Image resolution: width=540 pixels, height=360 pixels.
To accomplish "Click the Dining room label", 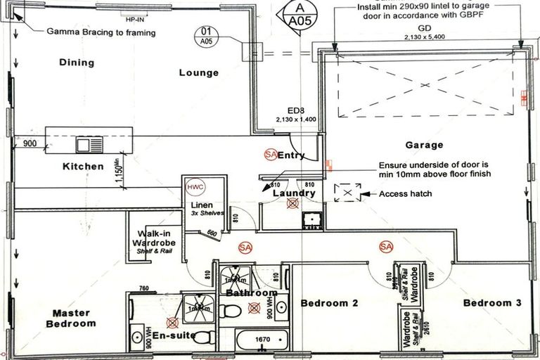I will (77, 63).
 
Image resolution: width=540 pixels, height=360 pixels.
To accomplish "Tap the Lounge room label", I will (198, 72).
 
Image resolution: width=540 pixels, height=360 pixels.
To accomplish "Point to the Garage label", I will (424, 146).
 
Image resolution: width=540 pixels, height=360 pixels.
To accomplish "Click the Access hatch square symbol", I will (347, 193).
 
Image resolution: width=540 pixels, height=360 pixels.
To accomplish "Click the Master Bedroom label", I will (71, 318).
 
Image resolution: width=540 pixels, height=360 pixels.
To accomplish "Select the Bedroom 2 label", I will (330, 303).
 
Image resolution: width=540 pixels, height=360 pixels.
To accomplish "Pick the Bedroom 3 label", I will (492, 303).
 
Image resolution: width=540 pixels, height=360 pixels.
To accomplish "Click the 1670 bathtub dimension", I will (262, 340).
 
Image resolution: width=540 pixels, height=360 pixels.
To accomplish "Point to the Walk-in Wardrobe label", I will (157, 240).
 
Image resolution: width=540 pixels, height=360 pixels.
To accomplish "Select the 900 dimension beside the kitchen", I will (30, 144).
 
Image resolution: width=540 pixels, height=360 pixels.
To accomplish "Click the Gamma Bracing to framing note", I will (101, 32).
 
